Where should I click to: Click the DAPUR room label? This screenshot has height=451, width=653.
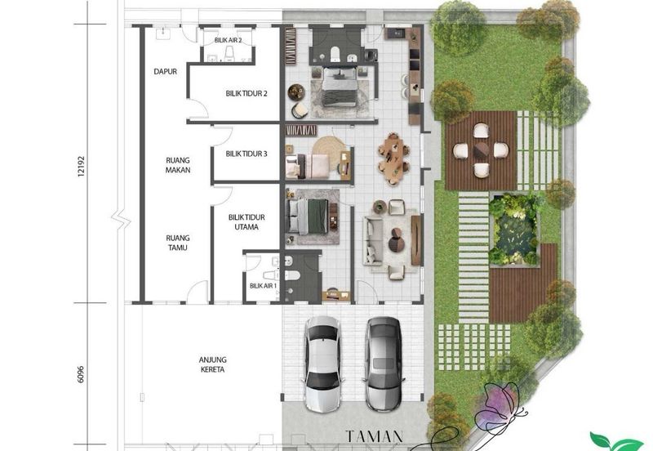(x=166, y=72)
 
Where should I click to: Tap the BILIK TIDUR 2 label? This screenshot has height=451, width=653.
(x=247, y=93)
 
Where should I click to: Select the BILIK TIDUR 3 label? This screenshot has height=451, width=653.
(x=247, y=154)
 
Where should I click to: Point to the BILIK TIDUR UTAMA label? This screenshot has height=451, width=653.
(x=247, y=222)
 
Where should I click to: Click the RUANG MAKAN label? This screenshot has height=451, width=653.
(x=178, y=165)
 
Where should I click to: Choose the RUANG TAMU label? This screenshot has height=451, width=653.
(x=178, y=243)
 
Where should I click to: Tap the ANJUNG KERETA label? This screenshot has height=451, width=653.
(x=212, y=364)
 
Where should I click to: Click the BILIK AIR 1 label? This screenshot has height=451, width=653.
(x=263, y=286)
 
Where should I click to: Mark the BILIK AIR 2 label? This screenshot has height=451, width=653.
(x=229, y=40)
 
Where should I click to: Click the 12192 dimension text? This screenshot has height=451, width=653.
(x=81, y=167)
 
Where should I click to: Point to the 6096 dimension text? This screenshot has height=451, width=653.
(x=81, y=374)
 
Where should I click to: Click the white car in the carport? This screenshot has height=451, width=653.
(x=322, y=364)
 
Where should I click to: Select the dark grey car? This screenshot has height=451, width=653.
(x=383, y=364)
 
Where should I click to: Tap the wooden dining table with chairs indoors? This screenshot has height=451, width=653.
(x=393, y=159)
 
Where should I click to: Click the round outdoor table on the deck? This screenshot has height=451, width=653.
(x=481, y=150)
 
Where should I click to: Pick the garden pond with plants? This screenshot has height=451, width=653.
(x=514, y=230)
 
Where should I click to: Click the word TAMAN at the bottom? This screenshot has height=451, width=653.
(x=375, y=436)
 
